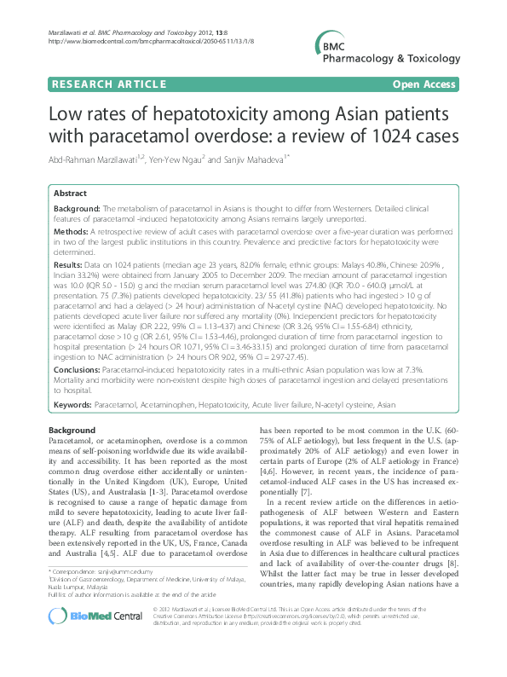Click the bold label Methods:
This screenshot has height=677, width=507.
[x=72, y=231]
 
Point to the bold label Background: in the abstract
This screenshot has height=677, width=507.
[x=77, y=209]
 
